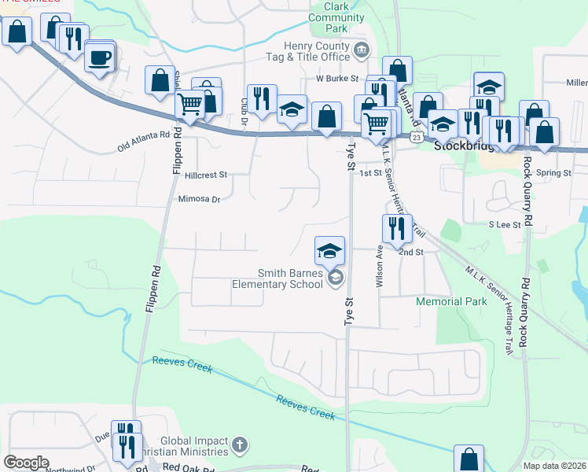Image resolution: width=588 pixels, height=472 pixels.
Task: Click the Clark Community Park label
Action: point(336,17)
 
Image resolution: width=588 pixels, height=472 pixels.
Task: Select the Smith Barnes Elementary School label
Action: point(288,278)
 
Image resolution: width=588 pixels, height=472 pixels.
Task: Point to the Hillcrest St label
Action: point(206,175)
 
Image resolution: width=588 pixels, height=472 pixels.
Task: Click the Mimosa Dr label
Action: point(200,200)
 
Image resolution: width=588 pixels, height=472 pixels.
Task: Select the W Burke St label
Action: point(337,79)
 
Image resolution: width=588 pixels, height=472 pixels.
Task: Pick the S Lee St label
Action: point(505,225)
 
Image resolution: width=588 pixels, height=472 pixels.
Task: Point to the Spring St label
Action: point(555,172)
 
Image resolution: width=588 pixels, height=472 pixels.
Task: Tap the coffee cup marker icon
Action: point(100,57)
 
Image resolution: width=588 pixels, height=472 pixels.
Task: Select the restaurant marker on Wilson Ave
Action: point(397,229)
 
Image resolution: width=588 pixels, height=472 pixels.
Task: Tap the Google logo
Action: point(26,463)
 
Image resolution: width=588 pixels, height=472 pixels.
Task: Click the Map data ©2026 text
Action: point(553,466)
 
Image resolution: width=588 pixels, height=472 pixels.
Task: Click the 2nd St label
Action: point(410,253)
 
